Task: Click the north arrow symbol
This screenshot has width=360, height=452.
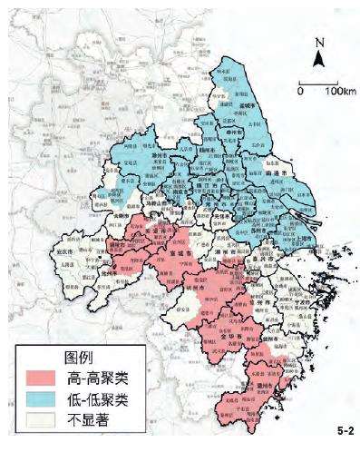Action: pos(318,58)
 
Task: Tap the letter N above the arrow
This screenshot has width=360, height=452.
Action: pos(318,42)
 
